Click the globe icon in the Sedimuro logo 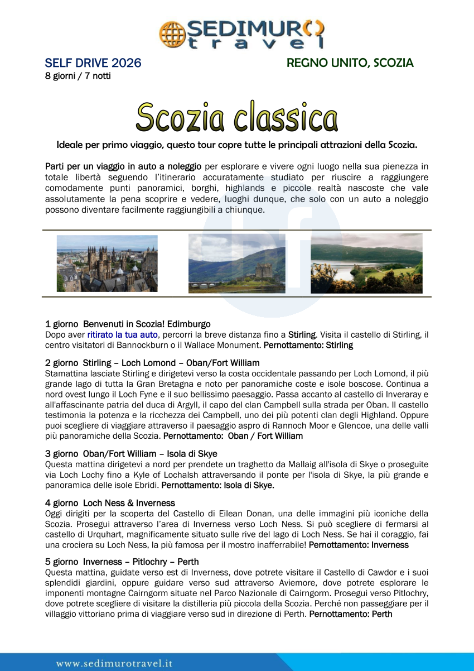coord(171,33)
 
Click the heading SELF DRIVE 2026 coord(93,63)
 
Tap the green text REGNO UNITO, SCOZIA coord(350,63)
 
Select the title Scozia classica coord(237,117)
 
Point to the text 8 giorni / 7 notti coord(78,76)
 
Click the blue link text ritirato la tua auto coord(123,335)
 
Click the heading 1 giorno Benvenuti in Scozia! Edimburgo coord(127,324)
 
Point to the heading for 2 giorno coord(152,363)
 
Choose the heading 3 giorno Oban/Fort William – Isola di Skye coord(130,454)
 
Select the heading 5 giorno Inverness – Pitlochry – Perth coord(122,562)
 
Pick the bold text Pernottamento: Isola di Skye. coord(217,485)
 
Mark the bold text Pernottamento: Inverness coord(359,544)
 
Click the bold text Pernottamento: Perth coord(351,614)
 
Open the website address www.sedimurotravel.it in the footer coord(114,664)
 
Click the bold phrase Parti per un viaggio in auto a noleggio coord(123,166)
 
